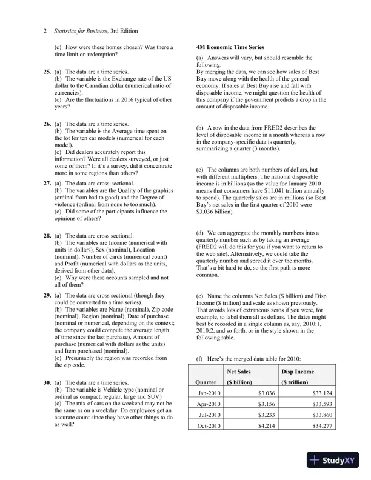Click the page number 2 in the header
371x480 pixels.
[x=46, y=30]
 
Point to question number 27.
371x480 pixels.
[x=47, y=182]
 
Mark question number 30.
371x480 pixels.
[x=47, y=382]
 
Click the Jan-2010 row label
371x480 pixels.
[x=209, y=393]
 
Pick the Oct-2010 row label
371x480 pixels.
[x=209, y=426]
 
